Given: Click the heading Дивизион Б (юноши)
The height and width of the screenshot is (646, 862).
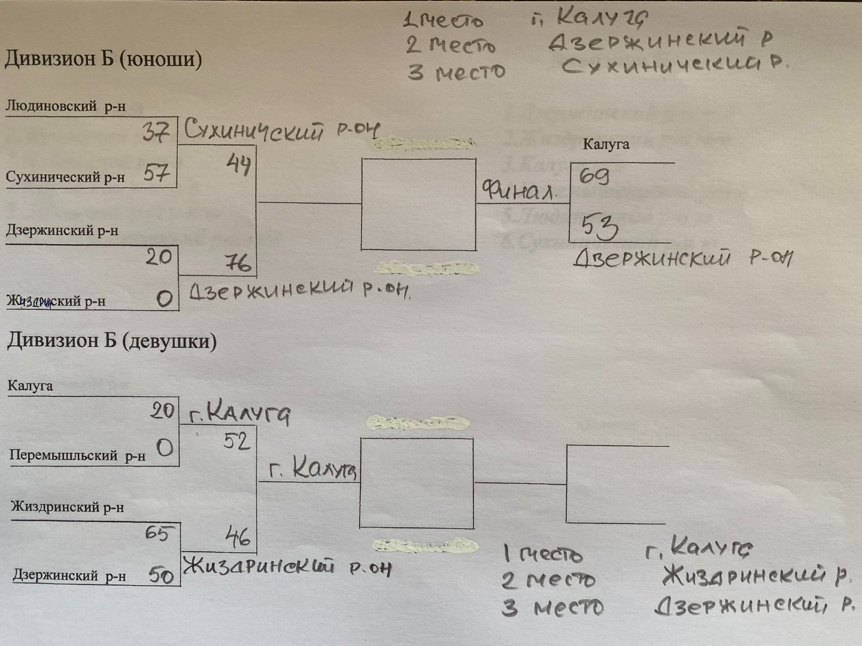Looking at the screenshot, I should pyautogui.click(x=103, y=59).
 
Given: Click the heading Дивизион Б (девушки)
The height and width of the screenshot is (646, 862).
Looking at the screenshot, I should pyautogui.click(x=111, y=341).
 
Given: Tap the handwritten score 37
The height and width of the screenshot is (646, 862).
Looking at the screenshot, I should pyautogui.click(x=156, y=131).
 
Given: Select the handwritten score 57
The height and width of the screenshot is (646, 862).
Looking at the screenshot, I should pyautogui.click(x=156, y=173).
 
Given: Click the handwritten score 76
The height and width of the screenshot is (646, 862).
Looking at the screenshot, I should pyautogui.click(x=238, y=262).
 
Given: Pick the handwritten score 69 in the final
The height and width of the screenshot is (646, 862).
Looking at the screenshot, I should pyautogui.click(x=594, y=176).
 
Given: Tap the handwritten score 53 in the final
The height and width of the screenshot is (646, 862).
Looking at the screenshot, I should pyautogui.click(x=600, y=227).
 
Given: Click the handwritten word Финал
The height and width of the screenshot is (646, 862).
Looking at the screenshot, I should pyautogui.click(x=519, y=191).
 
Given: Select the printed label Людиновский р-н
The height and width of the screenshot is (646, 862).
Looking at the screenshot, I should pyautogui.click(x=65, y=106).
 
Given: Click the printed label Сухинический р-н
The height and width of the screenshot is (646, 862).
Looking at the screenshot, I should pyautogui.click(x=65, y=177).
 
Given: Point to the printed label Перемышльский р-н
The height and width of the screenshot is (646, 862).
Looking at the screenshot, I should pyautogui.click(x=77, y=456).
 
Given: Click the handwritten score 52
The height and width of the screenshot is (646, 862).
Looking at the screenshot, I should pyautogui.click(x=236, y=441).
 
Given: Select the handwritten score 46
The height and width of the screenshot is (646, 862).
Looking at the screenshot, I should pyautogui.click(x=238, y=537).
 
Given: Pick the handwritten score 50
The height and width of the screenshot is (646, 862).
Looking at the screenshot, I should pyautogui.click(x=161, y=575).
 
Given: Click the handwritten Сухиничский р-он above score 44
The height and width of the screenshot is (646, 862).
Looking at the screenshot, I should pyautogui.click(x=281, y=130).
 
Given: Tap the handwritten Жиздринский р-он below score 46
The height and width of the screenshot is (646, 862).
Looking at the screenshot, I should pyautogui.click(x=287, y=566).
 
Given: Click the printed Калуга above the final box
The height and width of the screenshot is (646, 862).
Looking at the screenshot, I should pyautogui.click(x=606, y=144).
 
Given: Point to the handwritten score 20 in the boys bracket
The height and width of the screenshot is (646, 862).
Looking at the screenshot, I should pyautogui.click(x=159, y=257).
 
